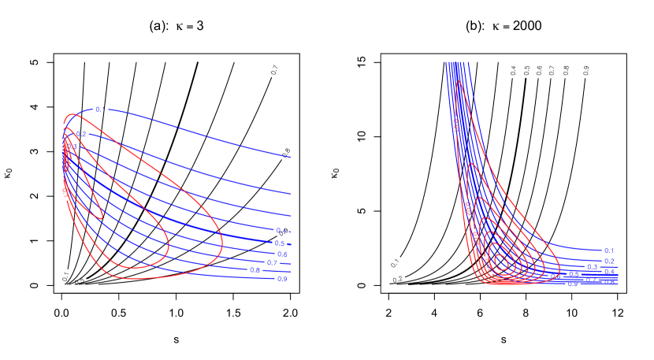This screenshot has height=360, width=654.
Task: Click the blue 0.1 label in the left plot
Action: tap(100, 109)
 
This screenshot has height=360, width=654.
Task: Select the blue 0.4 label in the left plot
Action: tap(281, 231)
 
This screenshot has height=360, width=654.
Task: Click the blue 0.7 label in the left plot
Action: tap(272, 262)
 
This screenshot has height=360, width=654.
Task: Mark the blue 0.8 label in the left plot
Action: tap(255, 270)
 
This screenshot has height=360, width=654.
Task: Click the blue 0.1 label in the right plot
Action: tap(608, 251)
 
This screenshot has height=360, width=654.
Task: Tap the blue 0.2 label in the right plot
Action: tap(609, 261)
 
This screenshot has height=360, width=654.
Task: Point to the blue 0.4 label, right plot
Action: tap(609, 272)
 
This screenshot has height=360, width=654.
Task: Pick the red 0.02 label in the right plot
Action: tap(468, 208)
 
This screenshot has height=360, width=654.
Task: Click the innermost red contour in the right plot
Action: tap(500, 261)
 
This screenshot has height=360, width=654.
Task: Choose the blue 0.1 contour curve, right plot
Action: tap(567, 249)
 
